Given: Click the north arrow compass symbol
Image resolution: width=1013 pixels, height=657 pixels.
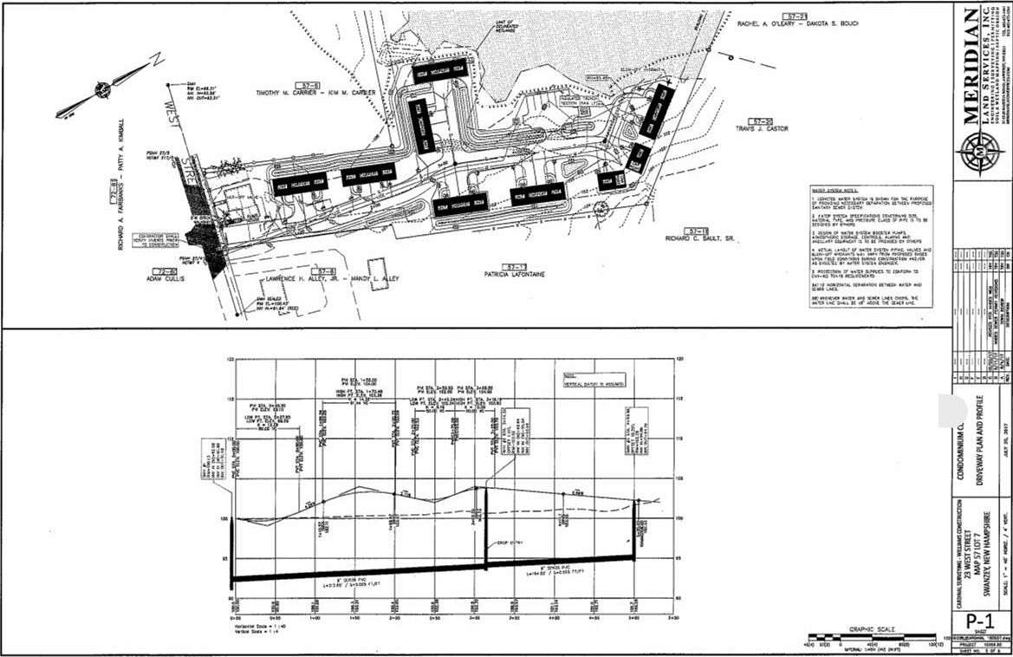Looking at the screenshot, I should click(x=101, y=88).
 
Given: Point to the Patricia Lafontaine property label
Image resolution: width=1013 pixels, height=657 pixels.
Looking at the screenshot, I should click(x=514, y=272).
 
